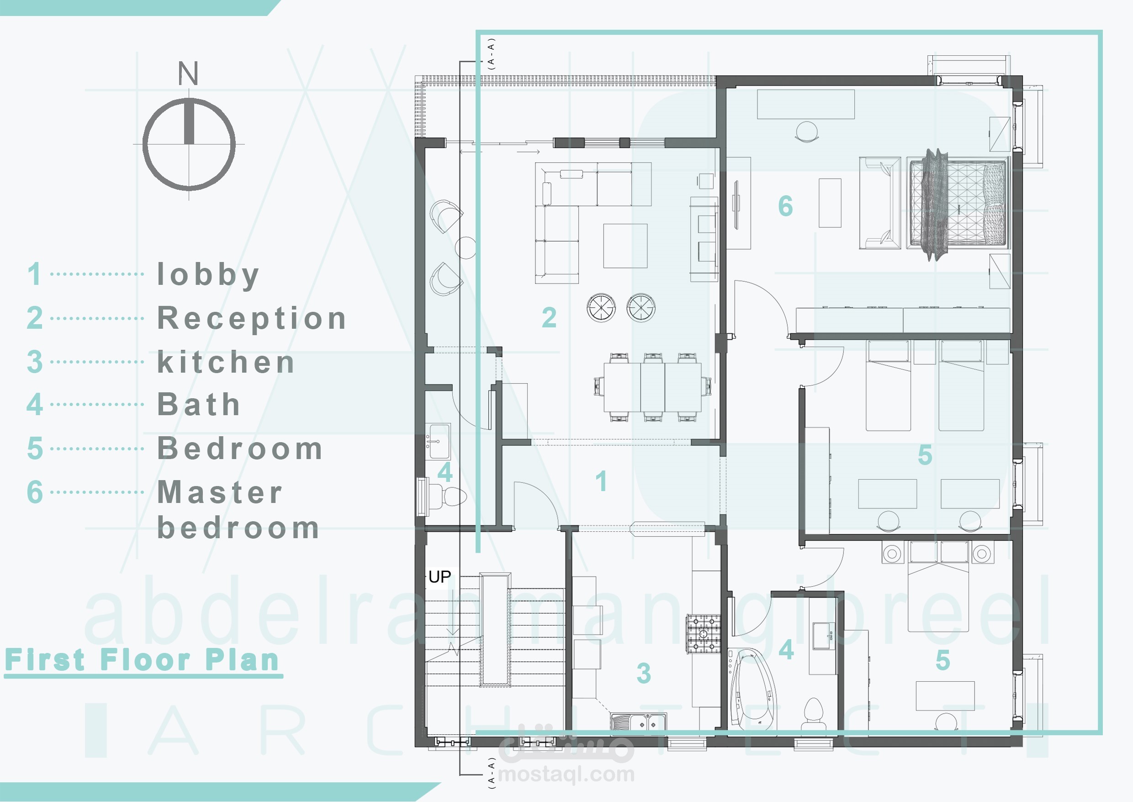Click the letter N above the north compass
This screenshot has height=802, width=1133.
(188, 73)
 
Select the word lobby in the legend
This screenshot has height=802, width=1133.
(208, 275)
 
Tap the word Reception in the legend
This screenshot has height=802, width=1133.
(252, 318)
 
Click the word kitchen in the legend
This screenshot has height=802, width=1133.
(226, 362)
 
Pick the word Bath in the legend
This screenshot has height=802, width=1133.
(198, 405)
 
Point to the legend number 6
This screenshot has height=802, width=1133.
(35, 492)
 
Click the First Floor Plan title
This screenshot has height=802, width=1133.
(142, 660)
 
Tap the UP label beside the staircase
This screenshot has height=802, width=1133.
(439, 577)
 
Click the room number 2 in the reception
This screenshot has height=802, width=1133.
(549, 317)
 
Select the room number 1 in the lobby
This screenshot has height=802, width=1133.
(601, 481)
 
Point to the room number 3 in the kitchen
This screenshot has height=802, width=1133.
(644, 673)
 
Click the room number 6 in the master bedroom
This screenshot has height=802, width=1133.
(786, 206)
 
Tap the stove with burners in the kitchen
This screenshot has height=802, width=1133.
(703, 634)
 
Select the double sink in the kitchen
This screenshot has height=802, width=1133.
(638, 722)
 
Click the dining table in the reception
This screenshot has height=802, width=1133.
(652, 387)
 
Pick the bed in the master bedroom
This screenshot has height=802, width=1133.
(957, 203)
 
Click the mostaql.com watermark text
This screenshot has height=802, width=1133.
(566, 774)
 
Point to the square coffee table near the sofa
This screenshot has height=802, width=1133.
(625, 246)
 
